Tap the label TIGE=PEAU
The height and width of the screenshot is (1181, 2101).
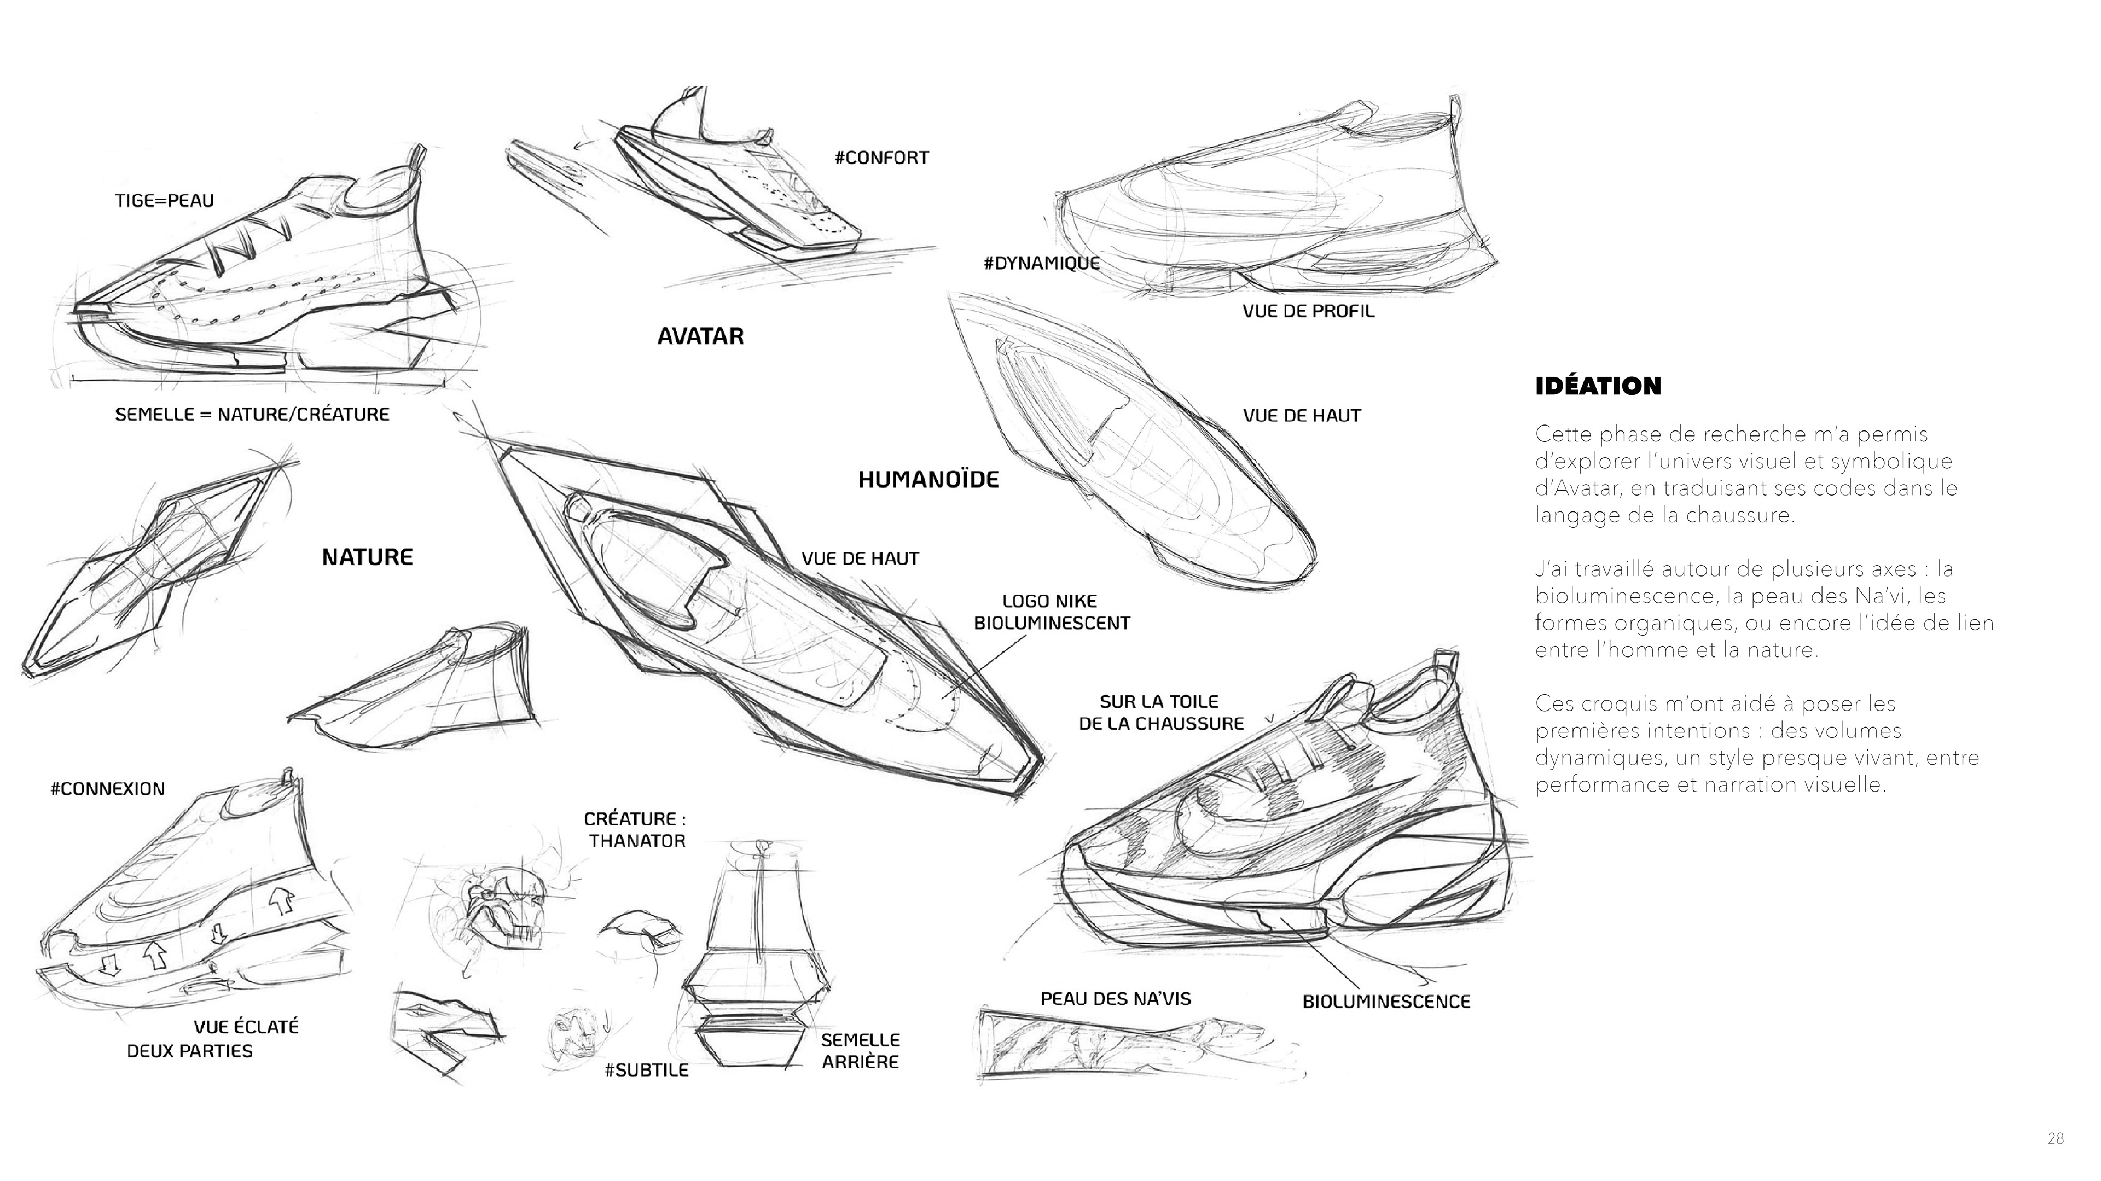[164, 201]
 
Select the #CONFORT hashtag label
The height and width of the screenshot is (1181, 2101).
[881, 158]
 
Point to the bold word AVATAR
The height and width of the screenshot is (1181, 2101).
[700, 336]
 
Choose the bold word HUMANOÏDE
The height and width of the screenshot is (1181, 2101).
[928, 480]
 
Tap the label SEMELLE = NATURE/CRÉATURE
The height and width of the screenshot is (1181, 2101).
[252, 414]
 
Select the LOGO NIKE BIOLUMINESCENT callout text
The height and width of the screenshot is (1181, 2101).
[1051, 612]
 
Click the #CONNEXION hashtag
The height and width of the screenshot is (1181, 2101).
[108, 789]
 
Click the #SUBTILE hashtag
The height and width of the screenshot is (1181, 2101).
[646, 1070]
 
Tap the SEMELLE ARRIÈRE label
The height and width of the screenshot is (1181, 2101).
[861, 1050]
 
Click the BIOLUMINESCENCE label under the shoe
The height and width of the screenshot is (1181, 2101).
[1386, 1002]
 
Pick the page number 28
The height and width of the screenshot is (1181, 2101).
[2056, 1138]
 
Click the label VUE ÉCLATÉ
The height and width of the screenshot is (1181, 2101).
[246, 1026]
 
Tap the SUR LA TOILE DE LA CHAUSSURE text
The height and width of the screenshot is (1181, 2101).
[1160, 712]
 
